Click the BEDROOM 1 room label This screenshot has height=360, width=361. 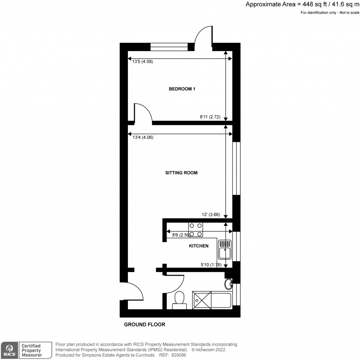point(182,89)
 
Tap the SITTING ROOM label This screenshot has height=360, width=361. point(182,173)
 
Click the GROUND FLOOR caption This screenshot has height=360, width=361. point(145,325)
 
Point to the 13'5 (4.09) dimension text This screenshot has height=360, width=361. point(142,61)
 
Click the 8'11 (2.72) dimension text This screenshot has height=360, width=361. point(210,117)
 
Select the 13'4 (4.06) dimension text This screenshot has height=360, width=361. point(142,138)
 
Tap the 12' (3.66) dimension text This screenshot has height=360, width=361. point(211,214)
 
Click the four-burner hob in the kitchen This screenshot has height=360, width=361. point(196,229)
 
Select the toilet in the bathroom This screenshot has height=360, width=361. point(179,300)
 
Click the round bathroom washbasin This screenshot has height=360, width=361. point(228,283)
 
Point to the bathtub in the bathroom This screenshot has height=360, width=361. point(212,300)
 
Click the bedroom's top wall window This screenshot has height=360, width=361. point(169,46)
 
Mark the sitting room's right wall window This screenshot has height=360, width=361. point(237,168)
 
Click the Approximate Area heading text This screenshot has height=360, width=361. point(302,5)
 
